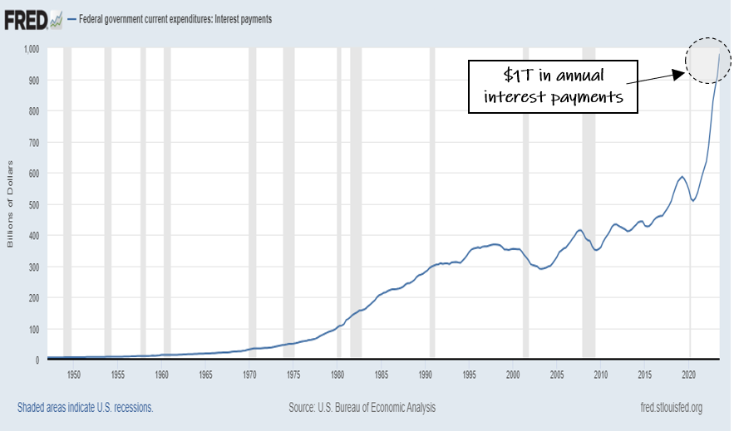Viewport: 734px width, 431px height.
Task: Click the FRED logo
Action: pos(27,20)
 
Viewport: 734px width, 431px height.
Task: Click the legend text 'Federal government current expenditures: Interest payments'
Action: pos(175,19)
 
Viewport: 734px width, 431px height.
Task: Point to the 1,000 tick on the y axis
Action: pos(32,49)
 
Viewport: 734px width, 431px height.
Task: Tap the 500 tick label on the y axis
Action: pos(34,205)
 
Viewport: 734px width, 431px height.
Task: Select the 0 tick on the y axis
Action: pos(37,360)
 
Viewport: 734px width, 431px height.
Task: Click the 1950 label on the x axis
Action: pos(73,375)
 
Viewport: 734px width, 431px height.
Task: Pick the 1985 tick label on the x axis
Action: pos(382,375)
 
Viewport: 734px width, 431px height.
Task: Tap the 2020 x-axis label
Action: pos(688,375)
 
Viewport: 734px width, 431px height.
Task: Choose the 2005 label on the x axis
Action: pos(557,375)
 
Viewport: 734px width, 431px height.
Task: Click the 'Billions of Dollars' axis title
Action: pos(10,203)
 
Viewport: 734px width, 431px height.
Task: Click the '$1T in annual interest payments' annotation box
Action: pos(553,86)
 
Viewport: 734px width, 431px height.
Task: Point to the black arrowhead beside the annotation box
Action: pos(678,75)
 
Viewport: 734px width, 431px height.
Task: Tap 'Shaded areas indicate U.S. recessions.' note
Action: pos(85,408)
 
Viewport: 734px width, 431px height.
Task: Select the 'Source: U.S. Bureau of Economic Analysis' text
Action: pos(362,408)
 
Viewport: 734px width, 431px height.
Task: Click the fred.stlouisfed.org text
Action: pos(672,408)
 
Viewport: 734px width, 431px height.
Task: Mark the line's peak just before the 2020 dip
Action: pos(682,177)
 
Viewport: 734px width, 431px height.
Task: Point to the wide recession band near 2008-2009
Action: pos(589,203)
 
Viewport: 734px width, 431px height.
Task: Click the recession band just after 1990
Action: pos(432,203)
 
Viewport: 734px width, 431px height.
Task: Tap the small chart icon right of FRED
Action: pos(57,20)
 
